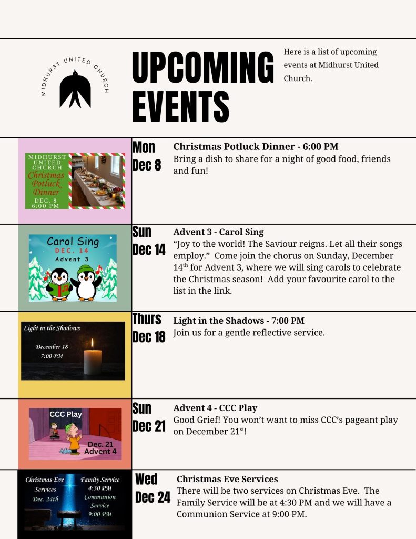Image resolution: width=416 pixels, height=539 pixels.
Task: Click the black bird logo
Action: (75, 89)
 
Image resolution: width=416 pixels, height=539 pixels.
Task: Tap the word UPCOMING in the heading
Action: (203, 67)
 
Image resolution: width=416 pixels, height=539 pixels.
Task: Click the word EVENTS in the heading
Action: (181, 106)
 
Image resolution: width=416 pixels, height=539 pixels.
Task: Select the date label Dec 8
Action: (147, 165)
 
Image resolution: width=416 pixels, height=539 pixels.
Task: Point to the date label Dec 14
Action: (149, 250)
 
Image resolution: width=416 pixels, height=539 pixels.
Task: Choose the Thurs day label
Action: (147, 318)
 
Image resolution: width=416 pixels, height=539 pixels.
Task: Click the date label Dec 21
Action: (149, 426)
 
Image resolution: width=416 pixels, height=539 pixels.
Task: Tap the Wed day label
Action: (146, 479)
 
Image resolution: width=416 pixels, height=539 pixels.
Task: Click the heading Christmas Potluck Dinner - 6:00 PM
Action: (256, 147)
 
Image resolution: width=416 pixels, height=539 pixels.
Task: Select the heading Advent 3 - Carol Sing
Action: (218, 232)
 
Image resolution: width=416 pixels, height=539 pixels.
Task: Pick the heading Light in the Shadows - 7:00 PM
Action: (239, 321)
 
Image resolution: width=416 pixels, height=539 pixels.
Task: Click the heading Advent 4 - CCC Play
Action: (215, 408)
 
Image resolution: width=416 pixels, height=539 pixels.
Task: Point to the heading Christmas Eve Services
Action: (227, 479)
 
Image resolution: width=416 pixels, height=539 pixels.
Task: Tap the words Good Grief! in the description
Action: (195, 420)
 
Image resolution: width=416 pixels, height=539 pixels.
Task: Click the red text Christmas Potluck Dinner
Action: (46, 184)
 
